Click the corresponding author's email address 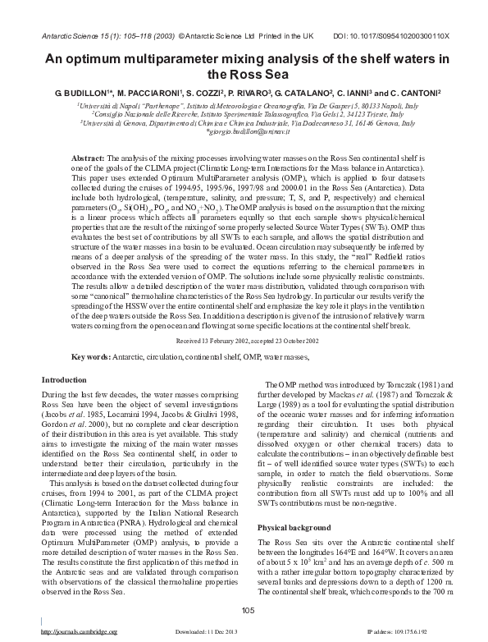pyautogui.click(x=244, y=131)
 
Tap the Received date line pyautogui.click(x=244, y=339)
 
